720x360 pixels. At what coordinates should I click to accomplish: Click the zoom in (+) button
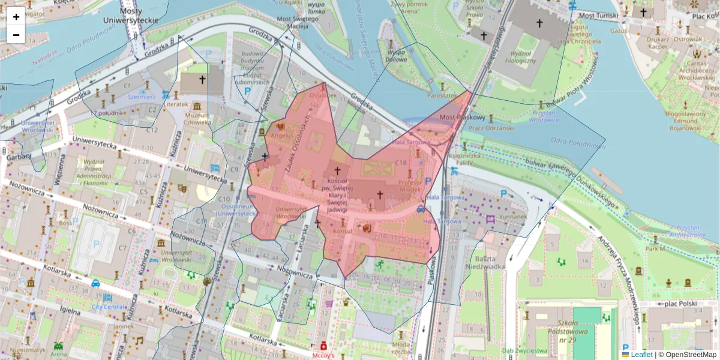(16, 17)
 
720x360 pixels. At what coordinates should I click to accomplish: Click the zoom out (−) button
(16, 35)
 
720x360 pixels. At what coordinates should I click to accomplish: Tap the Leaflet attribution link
(641, 355)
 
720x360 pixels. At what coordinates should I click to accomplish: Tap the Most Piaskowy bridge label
(458, 117)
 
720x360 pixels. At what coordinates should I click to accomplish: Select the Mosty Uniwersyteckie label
(131, 16)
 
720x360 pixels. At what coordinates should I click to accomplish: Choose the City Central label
(108, 307)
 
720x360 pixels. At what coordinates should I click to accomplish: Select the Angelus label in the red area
(282, 136)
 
